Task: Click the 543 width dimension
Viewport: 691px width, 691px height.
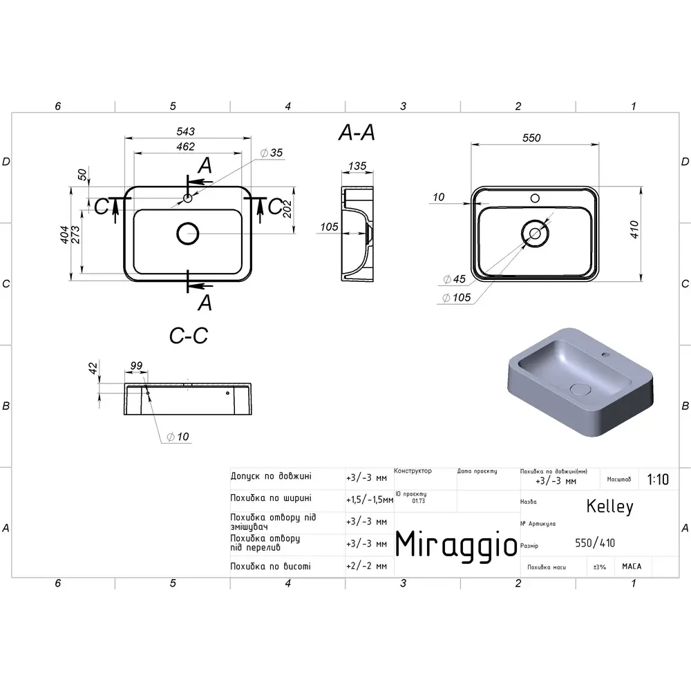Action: coord(185,131)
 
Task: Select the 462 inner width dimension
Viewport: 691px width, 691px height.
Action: coord(185,146)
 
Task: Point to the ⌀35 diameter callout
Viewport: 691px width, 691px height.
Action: coord(272,153)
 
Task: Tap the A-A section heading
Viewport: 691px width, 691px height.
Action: coord(357,132)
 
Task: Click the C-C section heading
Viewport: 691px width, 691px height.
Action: coord(189,336)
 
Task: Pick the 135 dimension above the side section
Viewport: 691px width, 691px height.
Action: coord(357,166)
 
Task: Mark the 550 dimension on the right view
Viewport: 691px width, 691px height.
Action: coord(531,138)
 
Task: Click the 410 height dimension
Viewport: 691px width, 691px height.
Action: coord(634,229)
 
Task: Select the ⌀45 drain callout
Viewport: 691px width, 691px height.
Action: coord(455,279)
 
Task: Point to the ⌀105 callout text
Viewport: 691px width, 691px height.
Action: coord(457,297)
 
